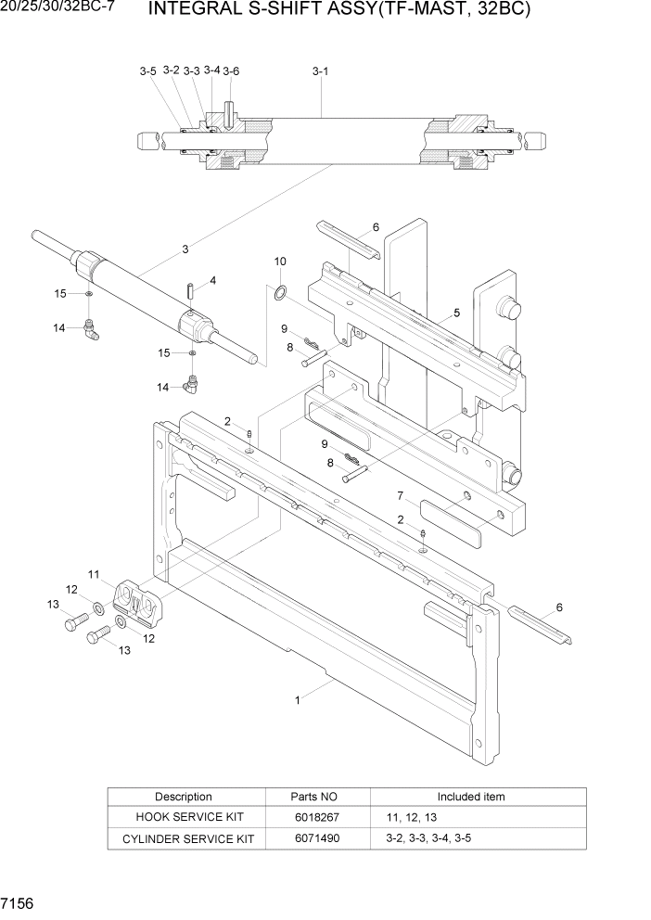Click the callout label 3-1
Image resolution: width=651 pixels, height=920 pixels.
[320, 70]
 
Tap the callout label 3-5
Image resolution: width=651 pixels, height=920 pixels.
[148, 71]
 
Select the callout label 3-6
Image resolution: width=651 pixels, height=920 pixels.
[231, 71]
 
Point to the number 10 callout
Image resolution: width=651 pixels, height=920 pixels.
[280, 262]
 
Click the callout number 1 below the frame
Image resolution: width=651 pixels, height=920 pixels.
[298, 701]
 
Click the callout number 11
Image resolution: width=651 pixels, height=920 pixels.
[94, 574]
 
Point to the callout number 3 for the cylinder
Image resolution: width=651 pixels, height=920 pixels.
[185, 249]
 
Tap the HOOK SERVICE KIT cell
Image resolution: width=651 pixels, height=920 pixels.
[184, 817]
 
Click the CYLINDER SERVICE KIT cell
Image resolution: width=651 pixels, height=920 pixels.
[184, 838]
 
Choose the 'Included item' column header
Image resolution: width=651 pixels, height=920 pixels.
[471, 797]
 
